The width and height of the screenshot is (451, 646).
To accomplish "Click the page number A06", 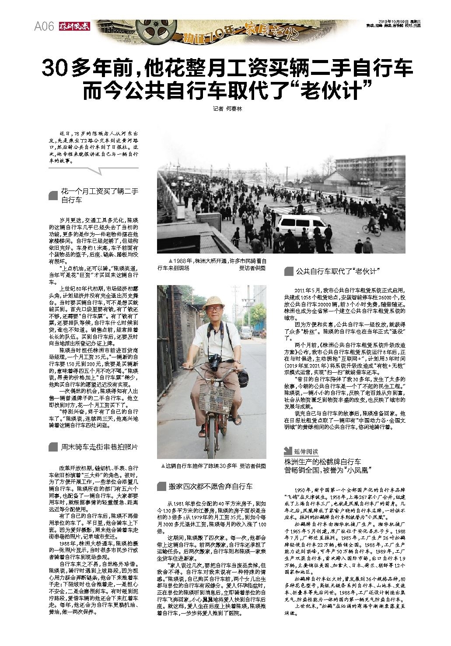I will click(44, 27).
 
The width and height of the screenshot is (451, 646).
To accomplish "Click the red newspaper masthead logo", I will click(75, 26).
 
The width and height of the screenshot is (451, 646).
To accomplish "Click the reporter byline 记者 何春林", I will click(227, 109).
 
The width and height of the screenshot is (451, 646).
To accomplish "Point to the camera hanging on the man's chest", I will click(215, 362).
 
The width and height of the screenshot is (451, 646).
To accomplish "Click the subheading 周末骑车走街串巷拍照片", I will click(99, 447).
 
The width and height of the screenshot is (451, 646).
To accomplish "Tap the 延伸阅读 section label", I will click(305, 452).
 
